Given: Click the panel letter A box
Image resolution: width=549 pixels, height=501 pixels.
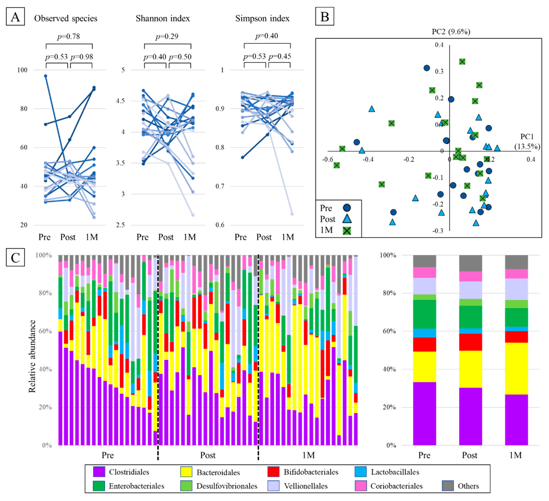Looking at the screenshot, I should tap(15, 17).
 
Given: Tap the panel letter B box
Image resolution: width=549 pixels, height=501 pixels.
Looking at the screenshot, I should tap(325, 17).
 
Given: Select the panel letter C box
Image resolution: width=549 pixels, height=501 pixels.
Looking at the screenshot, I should tap(15, 257).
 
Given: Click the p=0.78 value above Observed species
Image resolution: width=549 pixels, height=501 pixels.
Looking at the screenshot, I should tap(68, 36).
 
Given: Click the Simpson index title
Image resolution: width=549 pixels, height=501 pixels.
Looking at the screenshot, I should tap(262, 18).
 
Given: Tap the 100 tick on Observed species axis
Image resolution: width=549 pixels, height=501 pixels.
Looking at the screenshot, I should tap(22, 70).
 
